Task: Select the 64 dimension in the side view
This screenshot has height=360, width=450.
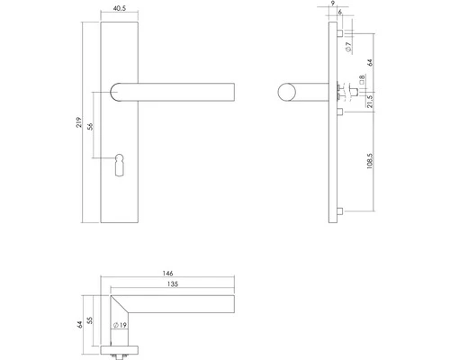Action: tap(371, 65)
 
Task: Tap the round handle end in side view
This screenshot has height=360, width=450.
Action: tap(288, 93)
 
